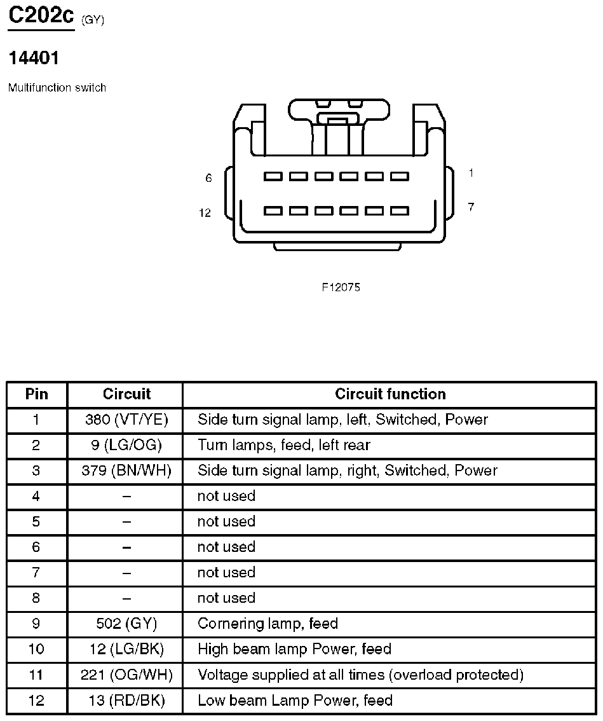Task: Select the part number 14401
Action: coord(34,58)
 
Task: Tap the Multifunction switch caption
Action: coord(57,88)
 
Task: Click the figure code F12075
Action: coord(341,287)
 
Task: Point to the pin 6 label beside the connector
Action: coord(208,178)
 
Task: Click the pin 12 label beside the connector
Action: coord(205,213)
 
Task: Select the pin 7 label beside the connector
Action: coord(471,207)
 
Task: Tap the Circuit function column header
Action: coord(390,394)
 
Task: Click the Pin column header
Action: coord(37,394)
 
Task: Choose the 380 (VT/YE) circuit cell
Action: coord(126,420)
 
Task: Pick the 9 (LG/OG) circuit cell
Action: coord(126,445)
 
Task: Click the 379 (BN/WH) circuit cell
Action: coord(126,470)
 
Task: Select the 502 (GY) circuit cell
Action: coord(126,624)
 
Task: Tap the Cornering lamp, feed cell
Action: coord(268,624)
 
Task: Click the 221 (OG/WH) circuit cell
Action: coord(126,675)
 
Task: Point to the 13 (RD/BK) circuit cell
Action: coord(126,701)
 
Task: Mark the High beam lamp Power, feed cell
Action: coord(294,649)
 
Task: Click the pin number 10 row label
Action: coord(37,649)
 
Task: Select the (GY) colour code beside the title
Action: coord(93,20)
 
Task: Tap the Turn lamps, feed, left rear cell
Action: coord(283,445)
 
